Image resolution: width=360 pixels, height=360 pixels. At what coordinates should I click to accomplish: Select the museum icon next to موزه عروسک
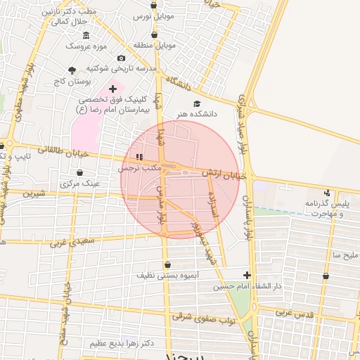(86, 36)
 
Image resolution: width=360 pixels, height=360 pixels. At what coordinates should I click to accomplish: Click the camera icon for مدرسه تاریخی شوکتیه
(122, 58)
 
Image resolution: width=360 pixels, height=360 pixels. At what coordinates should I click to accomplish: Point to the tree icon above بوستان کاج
(72, 70)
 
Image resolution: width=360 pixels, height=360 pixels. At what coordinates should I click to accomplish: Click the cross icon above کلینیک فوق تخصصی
(112, 89)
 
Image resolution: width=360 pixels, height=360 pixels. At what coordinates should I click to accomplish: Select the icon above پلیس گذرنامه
(326, 193)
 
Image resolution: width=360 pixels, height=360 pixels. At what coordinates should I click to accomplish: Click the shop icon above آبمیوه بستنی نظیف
(167, 265)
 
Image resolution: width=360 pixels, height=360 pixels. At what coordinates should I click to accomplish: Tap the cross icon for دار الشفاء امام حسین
(247, 275)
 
